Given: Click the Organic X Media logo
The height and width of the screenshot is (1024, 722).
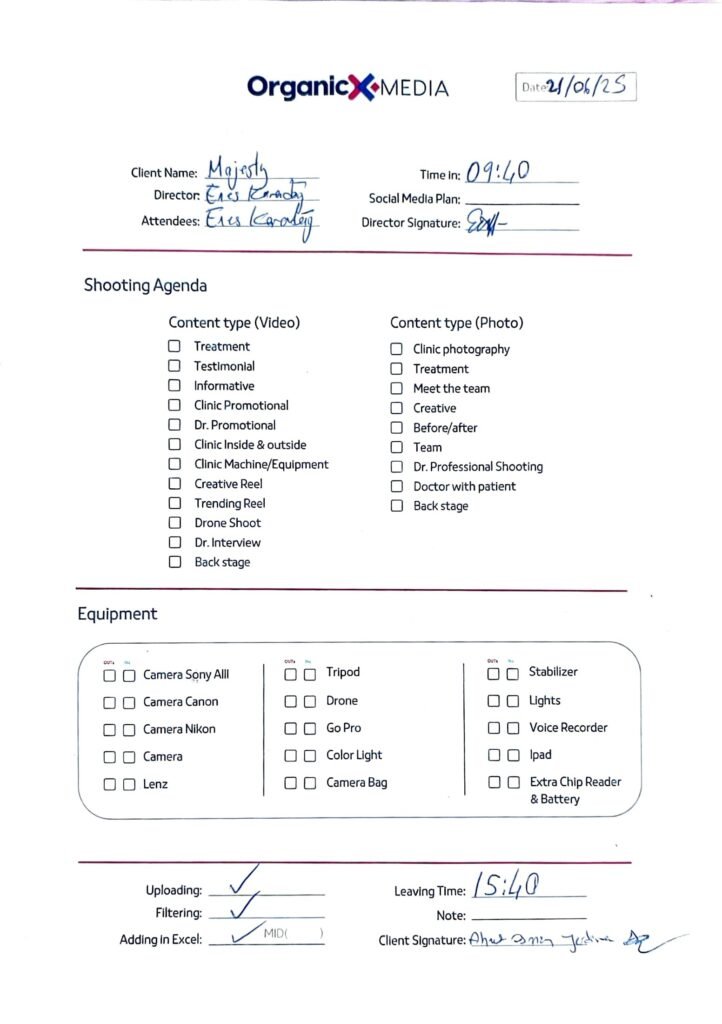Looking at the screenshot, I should coord(348,88).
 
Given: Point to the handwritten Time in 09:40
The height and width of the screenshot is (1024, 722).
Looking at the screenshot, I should coord(498,173).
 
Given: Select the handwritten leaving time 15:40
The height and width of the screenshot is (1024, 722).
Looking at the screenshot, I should coord(507,884).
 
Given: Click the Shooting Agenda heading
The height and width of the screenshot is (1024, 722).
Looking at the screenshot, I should coord(145,286).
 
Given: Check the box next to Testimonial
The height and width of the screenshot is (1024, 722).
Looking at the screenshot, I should coord(174,366).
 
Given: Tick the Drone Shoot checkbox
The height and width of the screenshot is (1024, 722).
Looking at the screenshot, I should coord(174,523).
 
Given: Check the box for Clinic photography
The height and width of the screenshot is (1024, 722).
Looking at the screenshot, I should coord(396,349).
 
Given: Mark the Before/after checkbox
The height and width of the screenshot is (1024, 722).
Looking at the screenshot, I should coord(396,428).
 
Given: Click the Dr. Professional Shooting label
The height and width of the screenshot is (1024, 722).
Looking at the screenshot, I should coord(478,467).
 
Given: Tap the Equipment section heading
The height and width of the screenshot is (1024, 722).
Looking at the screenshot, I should coord(117,614).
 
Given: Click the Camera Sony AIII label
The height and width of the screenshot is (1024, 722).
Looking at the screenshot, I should coord(186,675).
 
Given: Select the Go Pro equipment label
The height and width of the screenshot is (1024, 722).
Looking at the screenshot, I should coord(344,728).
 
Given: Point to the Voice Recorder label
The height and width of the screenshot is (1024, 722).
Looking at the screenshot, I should coord(568,728).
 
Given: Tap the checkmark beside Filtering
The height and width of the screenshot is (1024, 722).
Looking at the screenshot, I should coord(241,909).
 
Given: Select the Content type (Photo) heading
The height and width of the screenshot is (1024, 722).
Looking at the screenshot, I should coord(456,323).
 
